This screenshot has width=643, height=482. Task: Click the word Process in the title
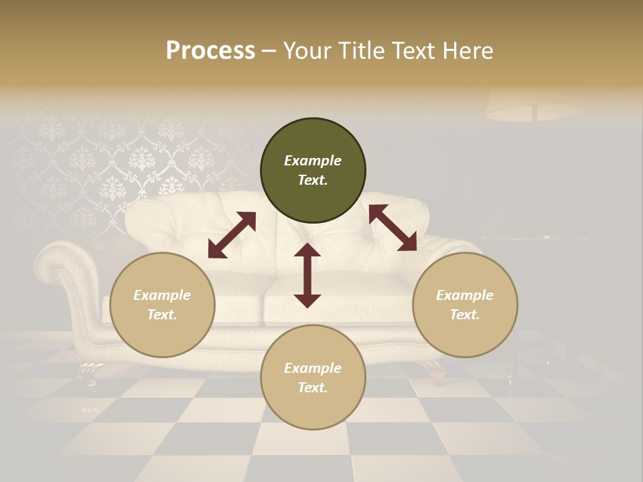tap(210, 51)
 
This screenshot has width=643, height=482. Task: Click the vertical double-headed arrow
tap(307, 275)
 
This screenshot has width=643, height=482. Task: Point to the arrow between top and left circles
tap(232, 235)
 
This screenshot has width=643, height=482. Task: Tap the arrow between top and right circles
tap(392, 228)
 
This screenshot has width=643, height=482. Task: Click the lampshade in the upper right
tap(534, 106)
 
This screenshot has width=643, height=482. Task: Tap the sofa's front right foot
tap(434, 369)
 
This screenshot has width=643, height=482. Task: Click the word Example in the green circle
tap(313, 161)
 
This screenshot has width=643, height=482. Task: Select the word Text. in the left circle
tap(162, 315)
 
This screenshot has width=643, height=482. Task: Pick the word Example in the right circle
tap(465, 295)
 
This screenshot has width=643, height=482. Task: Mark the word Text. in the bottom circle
tap(313, 388)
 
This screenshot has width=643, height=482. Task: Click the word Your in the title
tap(309, 51)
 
